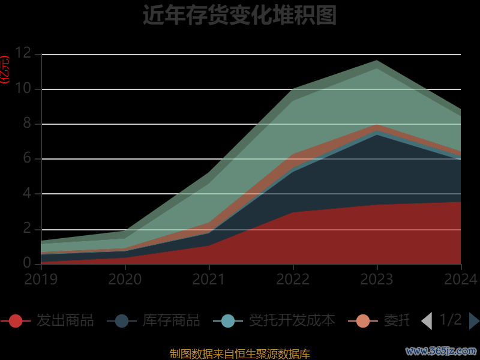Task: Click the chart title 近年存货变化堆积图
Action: click(x=239, y=16)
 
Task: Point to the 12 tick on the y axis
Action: click(x=23, y=53)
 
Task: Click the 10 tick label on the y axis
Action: click(x=23, y=88)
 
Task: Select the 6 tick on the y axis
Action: click(x=27, y=158)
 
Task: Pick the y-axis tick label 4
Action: click(x=27, y=193)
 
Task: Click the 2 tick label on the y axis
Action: click(x=27, y=229)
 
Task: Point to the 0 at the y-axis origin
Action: click(x=27, y=263)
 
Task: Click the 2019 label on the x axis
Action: click(x=41, y=279)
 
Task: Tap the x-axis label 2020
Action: click(x=125, y=279)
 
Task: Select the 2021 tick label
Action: click(x=209, y=279)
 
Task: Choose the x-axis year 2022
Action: click(x=293, y=279)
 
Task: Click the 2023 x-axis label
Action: click(x=377, y=279)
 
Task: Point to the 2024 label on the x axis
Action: click(x=460, y=279)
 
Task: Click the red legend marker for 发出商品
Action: click(x=16, y=321)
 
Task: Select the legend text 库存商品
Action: click(x=171, y=320)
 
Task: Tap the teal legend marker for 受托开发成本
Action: click(x=228, y=321)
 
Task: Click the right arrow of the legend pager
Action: click(x=473, y=321)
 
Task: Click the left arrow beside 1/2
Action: click(x=427, y=321)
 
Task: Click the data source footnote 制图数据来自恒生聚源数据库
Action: click(x=239, y=353)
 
